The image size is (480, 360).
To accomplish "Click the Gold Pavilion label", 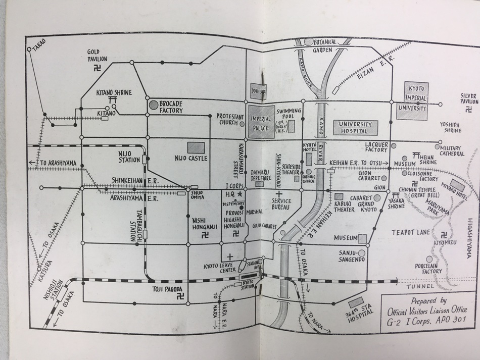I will point(98,55).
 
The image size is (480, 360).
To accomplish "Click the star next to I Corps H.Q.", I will point(240,193).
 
